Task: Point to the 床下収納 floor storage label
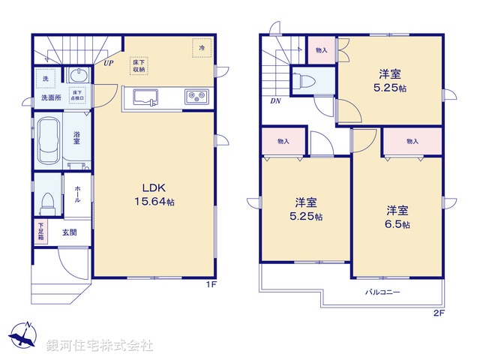[139, 65]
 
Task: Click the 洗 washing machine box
[45, 79]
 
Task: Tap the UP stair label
[109, 63]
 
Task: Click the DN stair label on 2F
[275, 103]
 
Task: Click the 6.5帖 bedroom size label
[397, 217]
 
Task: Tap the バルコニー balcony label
[382, 292]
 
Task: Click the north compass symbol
[22, 335]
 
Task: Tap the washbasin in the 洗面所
[76, 75]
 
